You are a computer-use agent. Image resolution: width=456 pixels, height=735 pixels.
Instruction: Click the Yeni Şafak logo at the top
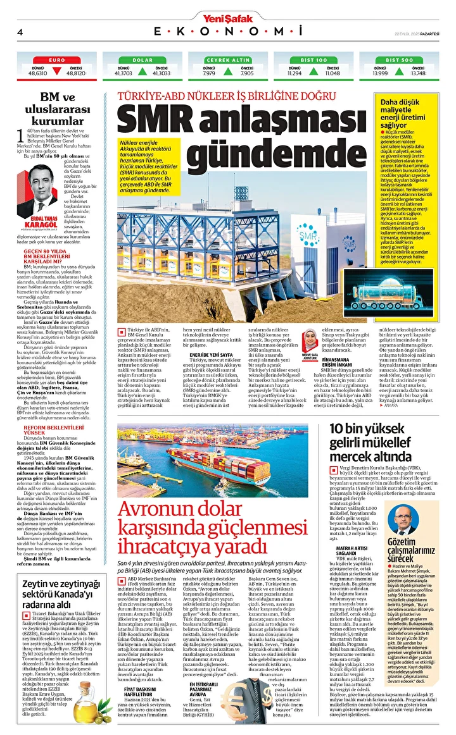228,7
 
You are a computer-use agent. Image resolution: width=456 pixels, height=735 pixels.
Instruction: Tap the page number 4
20,32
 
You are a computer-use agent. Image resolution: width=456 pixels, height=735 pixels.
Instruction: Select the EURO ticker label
56,59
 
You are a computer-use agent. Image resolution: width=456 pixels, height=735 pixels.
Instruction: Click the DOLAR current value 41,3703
123,73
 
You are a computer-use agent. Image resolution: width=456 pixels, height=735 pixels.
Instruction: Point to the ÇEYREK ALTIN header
227,59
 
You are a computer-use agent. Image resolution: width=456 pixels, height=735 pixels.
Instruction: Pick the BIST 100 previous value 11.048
332,73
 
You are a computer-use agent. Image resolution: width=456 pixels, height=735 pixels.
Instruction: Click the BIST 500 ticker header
398,59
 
